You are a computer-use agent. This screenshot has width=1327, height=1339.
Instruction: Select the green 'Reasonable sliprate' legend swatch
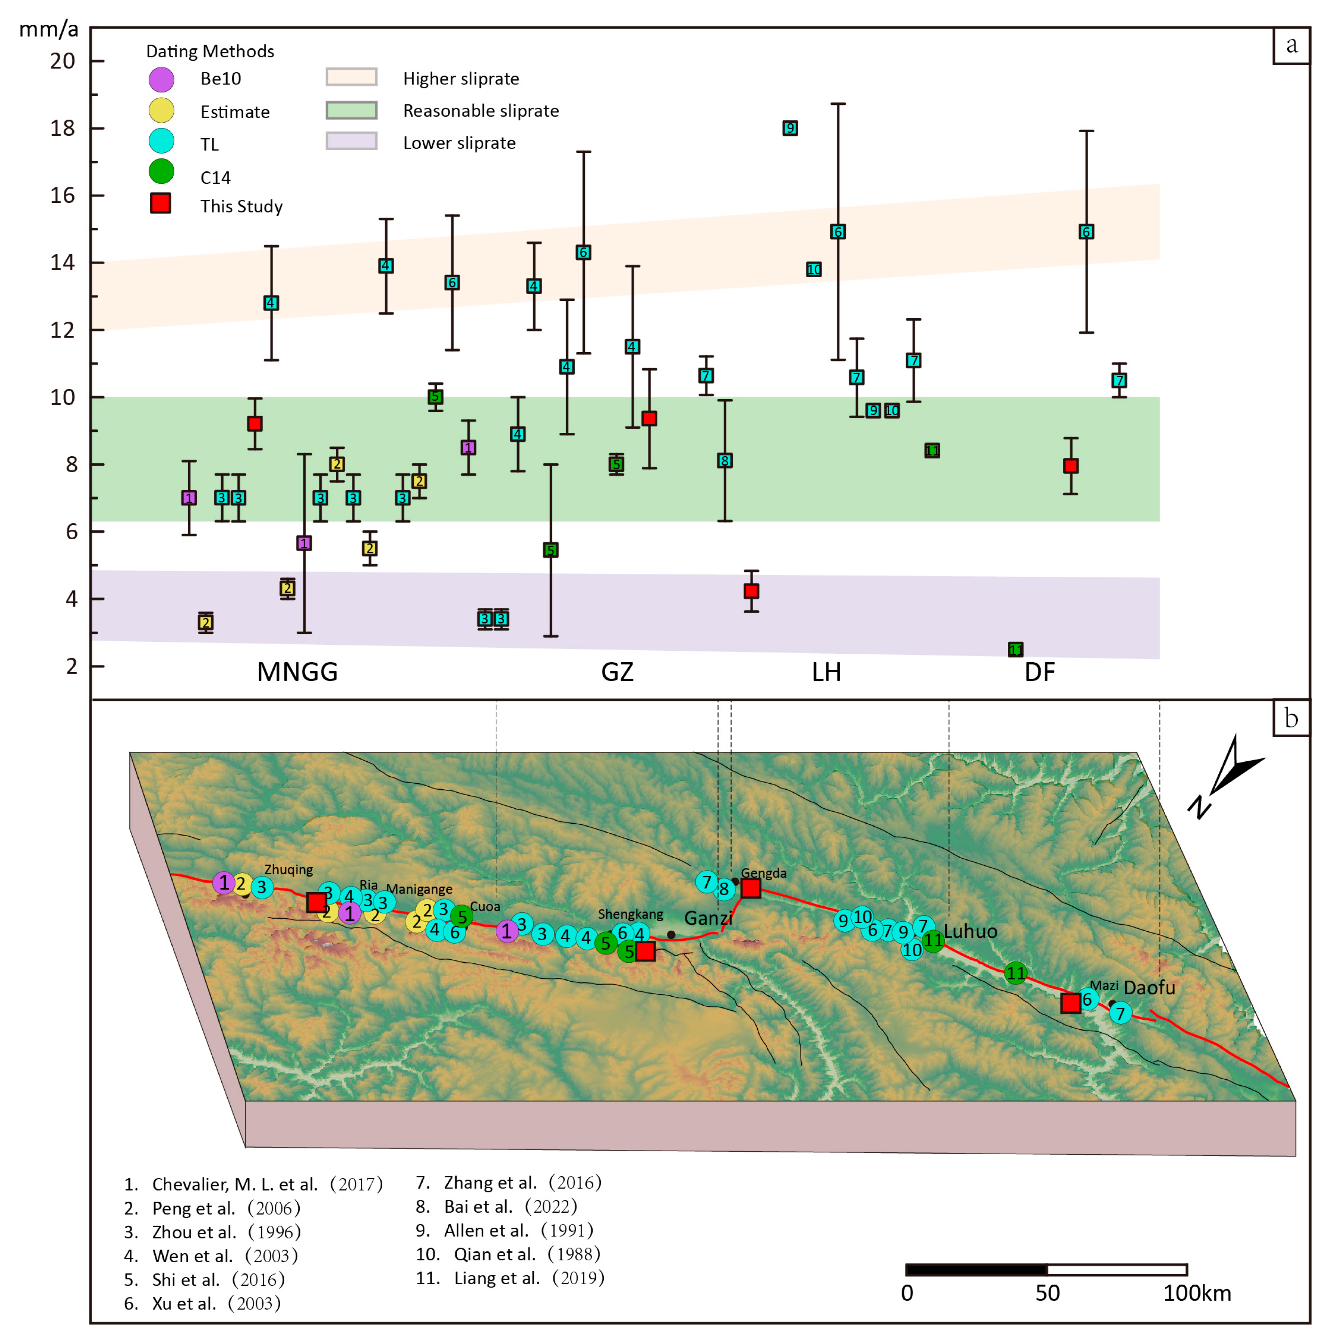point(351,110)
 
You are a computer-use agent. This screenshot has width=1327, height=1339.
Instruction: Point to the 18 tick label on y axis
point(62,128)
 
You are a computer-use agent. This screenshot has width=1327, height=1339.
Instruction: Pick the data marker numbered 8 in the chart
point(724,461)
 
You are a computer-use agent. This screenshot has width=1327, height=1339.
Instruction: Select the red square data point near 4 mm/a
point(751,591)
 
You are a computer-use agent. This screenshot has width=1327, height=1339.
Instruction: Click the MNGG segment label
point(297,672)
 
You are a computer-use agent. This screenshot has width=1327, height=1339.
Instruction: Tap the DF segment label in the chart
point(1039,672)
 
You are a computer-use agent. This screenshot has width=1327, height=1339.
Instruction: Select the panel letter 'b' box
point(1291,718)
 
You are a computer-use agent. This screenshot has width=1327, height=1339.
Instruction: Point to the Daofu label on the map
point(1149,987)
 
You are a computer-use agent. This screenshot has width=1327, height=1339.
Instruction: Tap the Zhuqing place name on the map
point(288,870)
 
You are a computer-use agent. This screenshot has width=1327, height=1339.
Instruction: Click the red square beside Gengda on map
point(751,888)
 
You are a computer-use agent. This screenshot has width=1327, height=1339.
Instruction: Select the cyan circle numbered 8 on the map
point(724,888)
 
